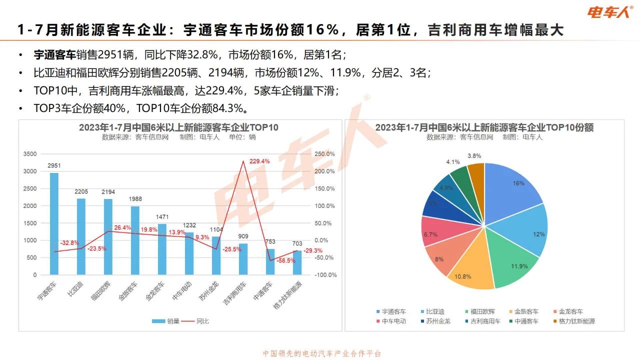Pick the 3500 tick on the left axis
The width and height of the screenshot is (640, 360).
pos(30,154)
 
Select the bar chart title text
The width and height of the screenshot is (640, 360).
pos(178,127)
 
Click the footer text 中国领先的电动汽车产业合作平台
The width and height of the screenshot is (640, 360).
pos(322,353)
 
